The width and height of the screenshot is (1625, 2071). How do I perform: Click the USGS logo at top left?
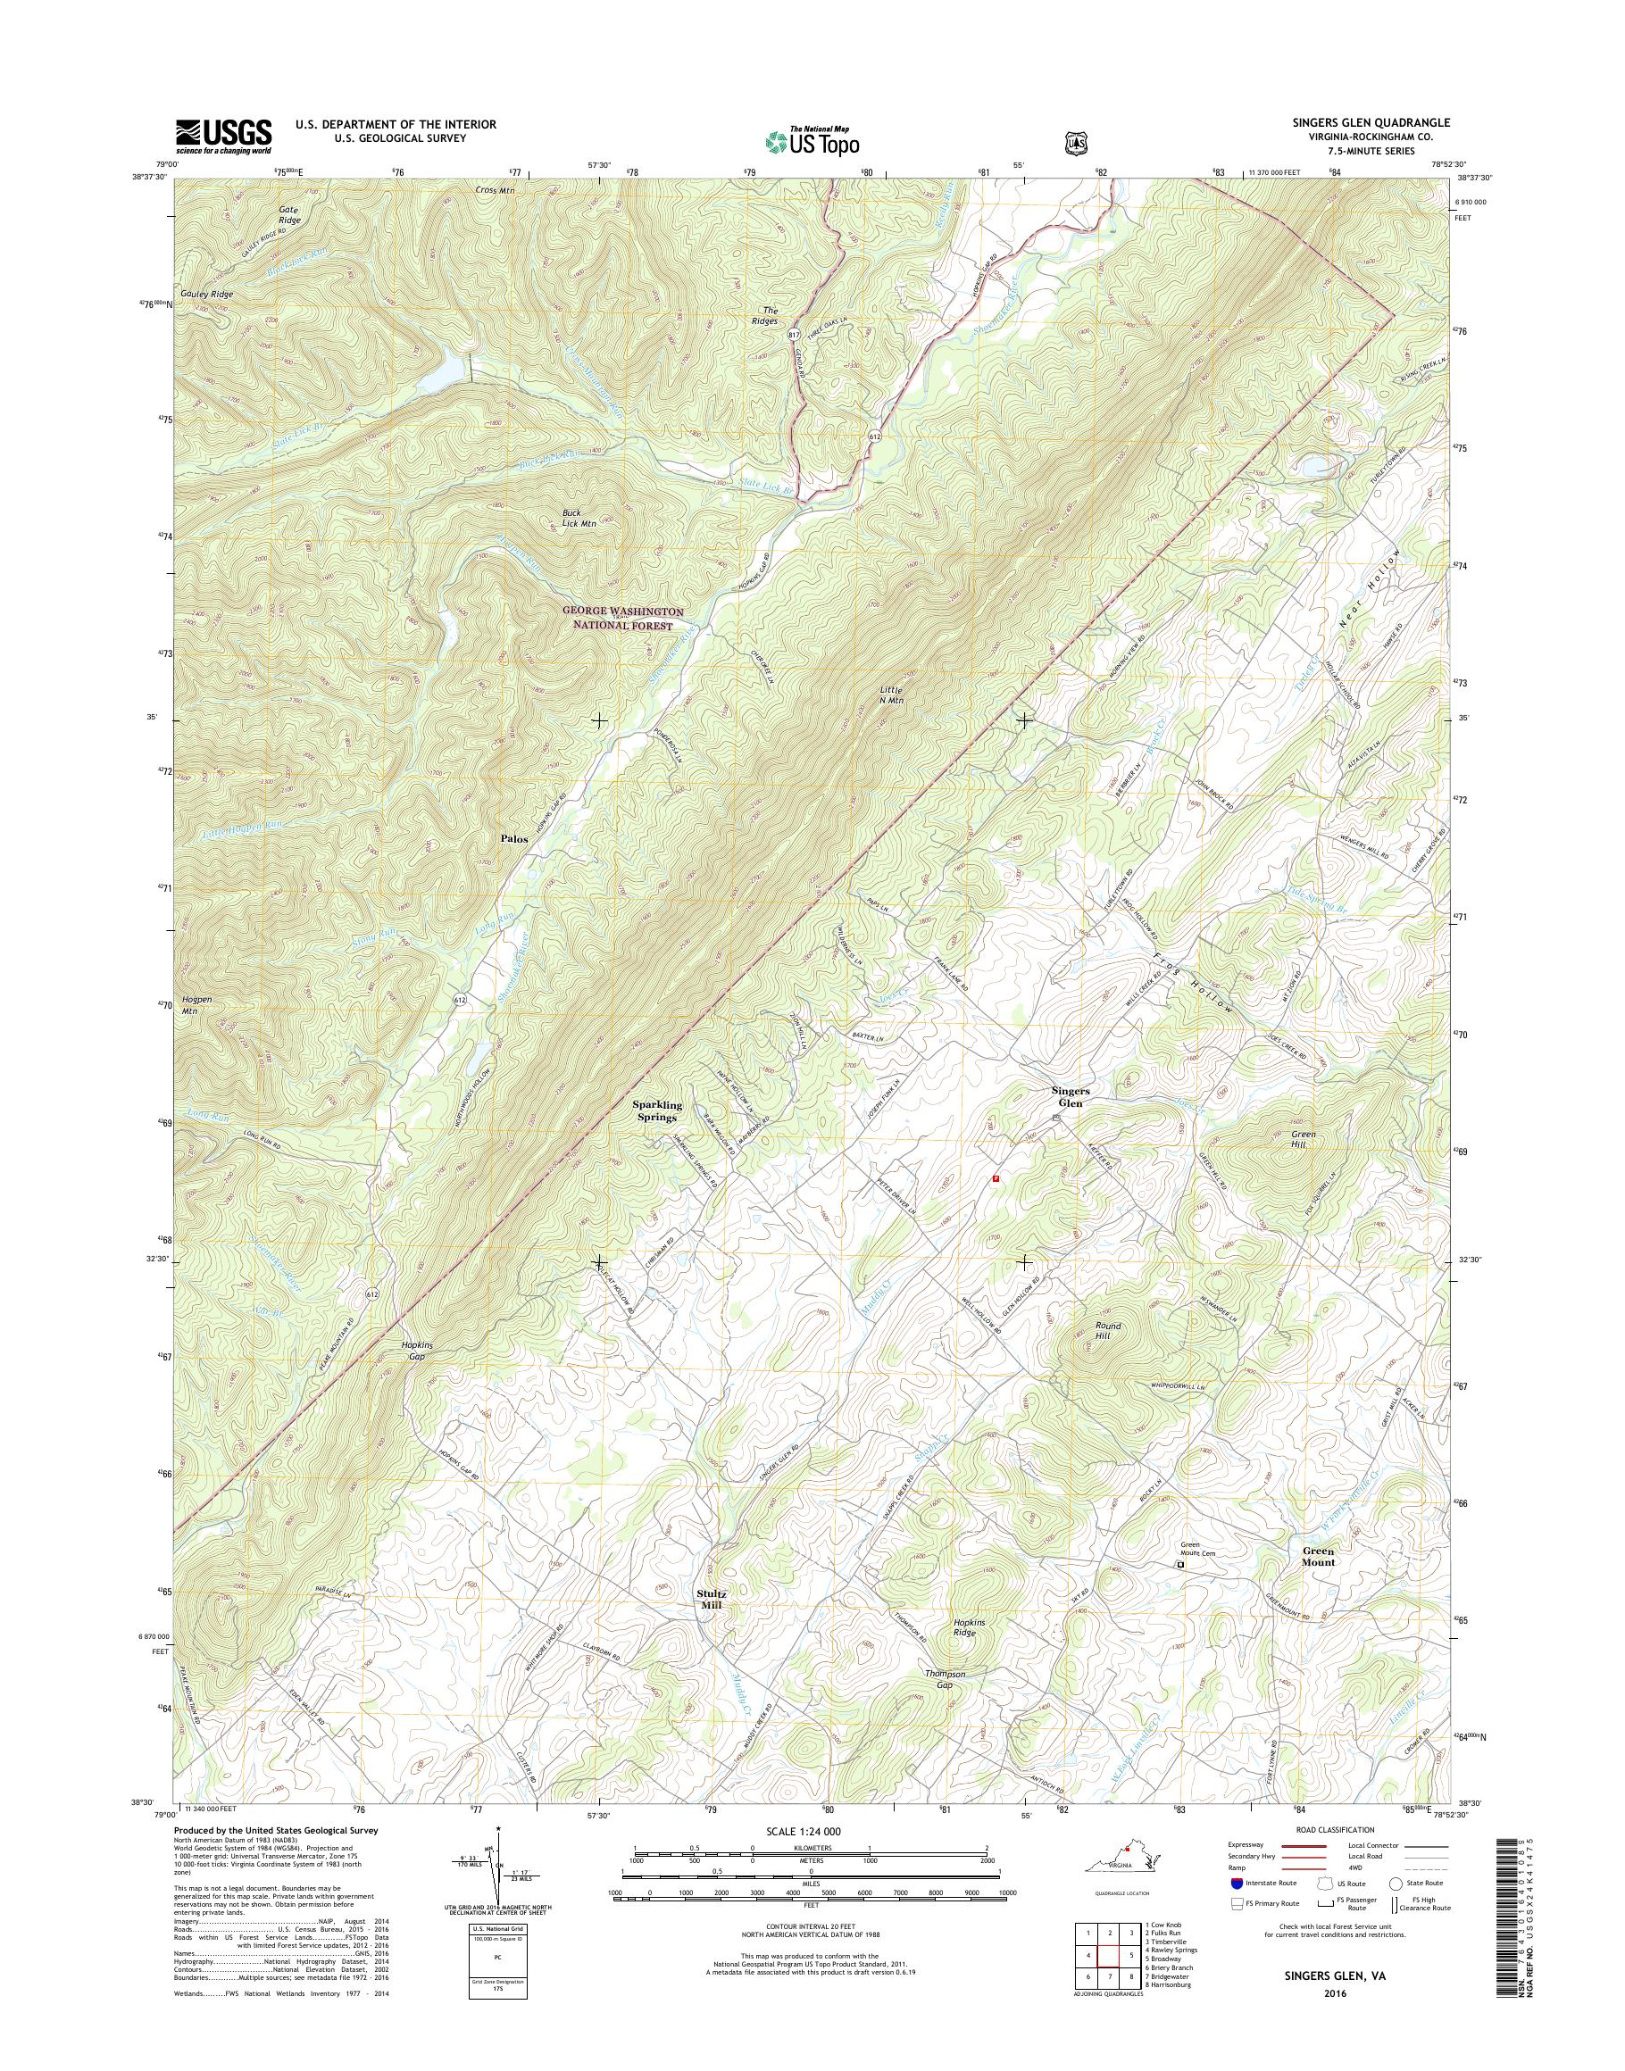222,137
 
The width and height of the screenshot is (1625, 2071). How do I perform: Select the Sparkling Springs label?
657,1111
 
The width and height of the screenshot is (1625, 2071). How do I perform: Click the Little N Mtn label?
890,694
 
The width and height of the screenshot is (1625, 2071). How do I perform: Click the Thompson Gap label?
945,1679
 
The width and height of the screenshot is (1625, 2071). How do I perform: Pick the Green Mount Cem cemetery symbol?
1179,1564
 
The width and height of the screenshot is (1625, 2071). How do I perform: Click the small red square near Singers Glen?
996,1177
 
